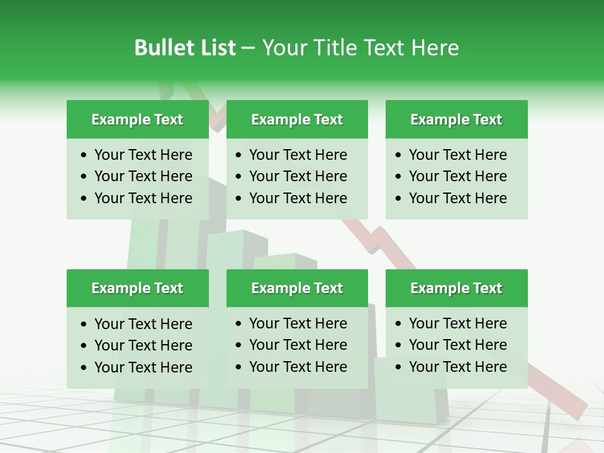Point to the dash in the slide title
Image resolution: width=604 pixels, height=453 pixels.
(249, 48)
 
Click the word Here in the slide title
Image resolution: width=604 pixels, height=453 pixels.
(435, 48)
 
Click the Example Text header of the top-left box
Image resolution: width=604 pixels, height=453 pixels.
(137, 120)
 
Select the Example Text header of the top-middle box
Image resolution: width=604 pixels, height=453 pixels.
(297, 120)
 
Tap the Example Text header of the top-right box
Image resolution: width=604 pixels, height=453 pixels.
(456, 120)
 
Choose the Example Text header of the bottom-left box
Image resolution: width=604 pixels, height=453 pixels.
(137, 288)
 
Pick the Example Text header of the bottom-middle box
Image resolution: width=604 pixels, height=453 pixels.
(297, 288)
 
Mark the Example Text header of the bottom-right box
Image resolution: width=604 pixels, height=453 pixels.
(456, 288)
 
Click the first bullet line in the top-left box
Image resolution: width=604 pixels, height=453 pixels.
(143, 155)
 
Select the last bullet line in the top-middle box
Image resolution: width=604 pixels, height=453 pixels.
(298, 198)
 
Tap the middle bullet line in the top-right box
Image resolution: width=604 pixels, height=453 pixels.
(457, 176)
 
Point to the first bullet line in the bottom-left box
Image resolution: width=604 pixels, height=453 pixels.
(143, 324)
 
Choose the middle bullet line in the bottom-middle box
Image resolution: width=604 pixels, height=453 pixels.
(298, 345)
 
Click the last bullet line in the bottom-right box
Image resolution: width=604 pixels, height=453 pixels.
(457, 367)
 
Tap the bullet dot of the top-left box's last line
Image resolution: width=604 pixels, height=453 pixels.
(84, 199)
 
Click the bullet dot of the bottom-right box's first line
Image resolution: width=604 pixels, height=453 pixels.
(399, 324)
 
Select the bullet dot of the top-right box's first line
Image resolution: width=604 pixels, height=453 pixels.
(399, 155)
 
